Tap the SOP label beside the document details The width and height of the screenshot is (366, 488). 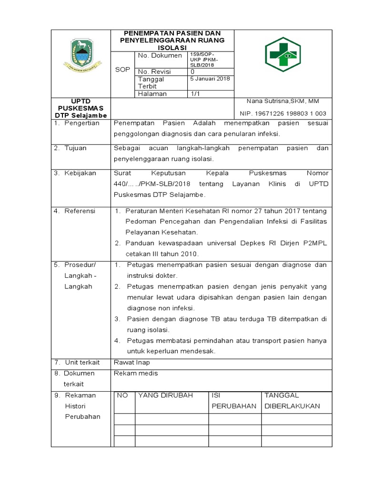click(x=123, y=70)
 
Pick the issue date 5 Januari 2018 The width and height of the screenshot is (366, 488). click(x=210, y=79)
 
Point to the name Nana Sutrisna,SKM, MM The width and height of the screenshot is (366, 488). click(x=283, y=101)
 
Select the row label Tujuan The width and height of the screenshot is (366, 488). click(x=76, y=148)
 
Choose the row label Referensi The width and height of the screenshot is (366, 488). click(x=80, y=211)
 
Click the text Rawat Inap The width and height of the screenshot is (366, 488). click(x=129, y=363)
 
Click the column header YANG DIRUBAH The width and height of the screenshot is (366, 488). click(x=166, y=395)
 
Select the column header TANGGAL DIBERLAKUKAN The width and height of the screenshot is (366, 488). click(x=292, y=401)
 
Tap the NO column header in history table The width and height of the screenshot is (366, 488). click(x=122, y=395)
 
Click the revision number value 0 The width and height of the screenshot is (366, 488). click(x=193, y=71)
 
